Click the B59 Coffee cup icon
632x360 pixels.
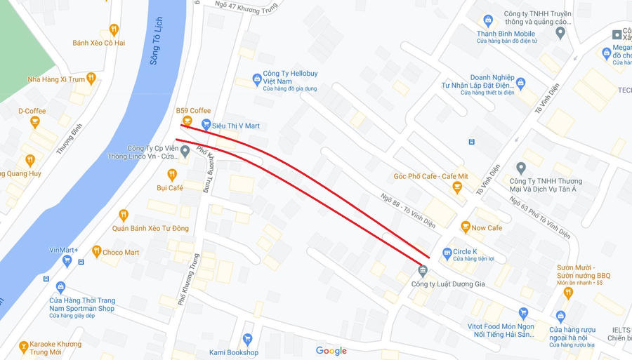[x=187, y=121]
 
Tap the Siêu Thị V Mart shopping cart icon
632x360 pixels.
[x=206, y=125]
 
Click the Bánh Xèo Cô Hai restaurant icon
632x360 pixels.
[x=114, y=30]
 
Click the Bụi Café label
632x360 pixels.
[x=170, y=188]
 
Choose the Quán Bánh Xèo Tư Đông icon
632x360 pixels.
[x=124, y=215]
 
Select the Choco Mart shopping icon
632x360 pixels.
[x=96, y=252]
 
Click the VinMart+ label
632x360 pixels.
[x=64, y=250]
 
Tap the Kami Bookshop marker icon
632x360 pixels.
[x=246, y=340]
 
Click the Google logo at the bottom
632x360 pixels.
[x=331, y=351]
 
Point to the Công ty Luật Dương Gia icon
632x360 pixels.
[x=422, y=271]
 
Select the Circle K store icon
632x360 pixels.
[x=447, y=252]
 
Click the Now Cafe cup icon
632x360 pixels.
[x=465, y=227]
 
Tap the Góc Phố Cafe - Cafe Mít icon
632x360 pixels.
[x=457, y=187]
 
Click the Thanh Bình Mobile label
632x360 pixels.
[x=506, y=34]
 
